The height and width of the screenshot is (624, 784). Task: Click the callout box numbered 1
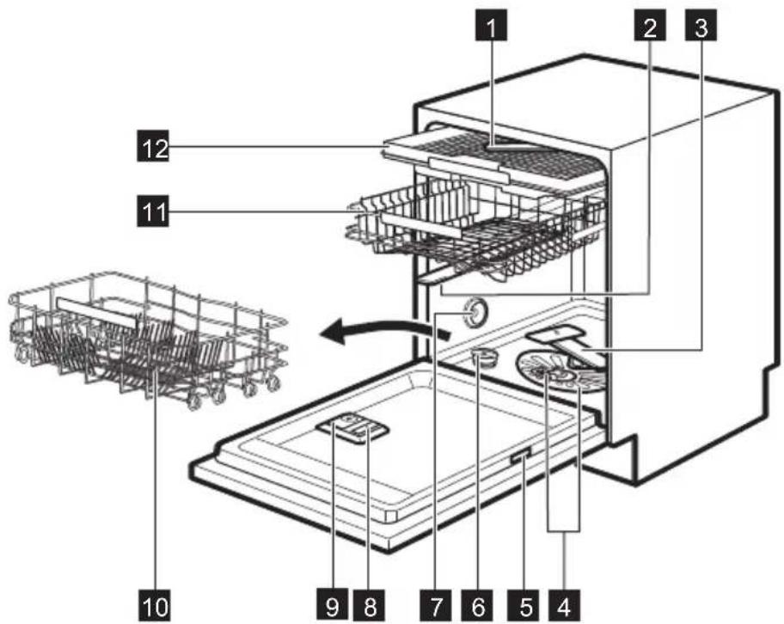tap(491, 25)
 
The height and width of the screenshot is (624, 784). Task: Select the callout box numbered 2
tap(650, 25)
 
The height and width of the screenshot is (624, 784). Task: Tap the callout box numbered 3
tap(701, 25)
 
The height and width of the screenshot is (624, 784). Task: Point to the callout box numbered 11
tap(153, 211)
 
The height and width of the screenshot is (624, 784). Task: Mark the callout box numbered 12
tap(153, 146)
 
